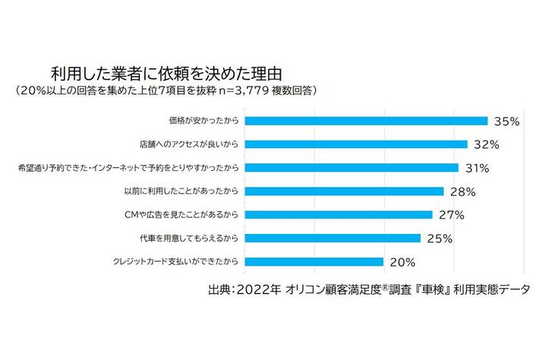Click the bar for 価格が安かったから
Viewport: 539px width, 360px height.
[367, 120]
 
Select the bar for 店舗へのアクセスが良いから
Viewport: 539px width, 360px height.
[357, 144]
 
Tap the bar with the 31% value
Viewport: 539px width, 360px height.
[353, 167]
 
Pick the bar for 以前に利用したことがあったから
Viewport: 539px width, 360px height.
[345, 191]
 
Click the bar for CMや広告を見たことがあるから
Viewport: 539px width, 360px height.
[339, 215]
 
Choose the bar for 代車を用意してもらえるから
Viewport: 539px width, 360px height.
[333, 238]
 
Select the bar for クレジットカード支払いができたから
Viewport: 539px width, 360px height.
[315, 262]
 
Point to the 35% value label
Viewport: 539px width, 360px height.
[506, 121]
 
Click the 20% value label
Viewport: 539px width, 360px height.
[402, 263]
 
